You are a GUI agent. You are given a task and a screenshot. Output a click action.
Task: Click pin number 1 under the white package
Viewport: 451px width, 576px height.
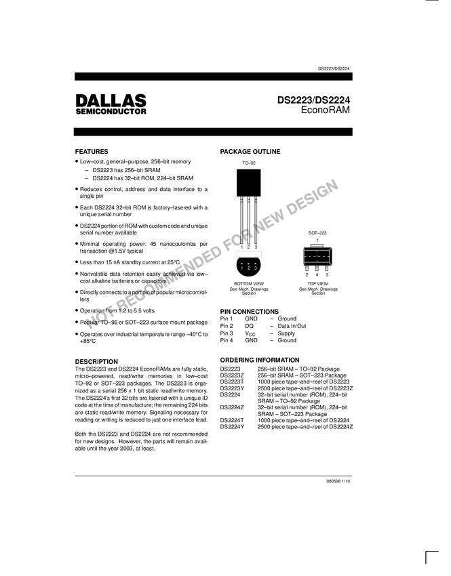click(242, 268)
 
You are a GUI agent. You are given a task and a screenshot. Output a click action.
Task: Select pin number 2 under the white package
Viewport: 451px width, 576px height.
click(249, 268)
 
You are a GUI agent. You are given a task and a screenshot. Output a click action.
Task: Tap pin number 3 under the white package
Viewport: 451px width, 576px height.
click(255, 268)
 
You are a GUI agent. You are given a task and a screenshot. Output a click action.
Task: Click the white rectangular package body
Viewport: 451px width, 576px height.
click(249, 254)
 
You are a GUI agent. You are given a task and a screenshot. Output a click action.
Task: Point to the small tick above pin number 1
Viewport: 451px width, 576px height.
click(242, 263)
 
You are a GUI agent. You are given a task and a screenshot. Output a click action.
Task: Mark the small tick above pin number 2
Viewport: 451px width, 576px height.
click(249, 263)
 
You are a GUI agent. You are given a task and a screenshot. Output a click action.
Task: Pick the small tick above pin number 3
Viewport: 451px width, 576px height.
click(255, 263)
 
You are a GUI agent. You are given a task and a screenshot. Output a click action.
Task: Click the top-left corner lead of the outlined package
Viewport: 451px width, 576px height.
click(303, 248)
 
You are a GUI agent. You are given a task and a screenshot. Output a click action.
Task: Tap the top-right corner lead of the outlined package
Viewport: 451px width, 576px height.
click(332, 248)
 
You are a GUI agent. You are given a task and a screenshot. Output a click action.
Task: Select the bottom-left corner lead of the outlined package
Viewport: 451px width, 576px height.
click(303, 265)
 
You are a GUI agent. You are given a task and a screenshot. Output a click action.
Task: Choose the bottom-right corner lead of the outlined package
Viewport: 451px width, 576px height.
click(332, 265)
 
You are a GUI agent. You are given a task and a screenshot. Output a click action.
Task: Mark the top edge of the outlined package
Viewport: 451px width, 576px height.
click(317, 250)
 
